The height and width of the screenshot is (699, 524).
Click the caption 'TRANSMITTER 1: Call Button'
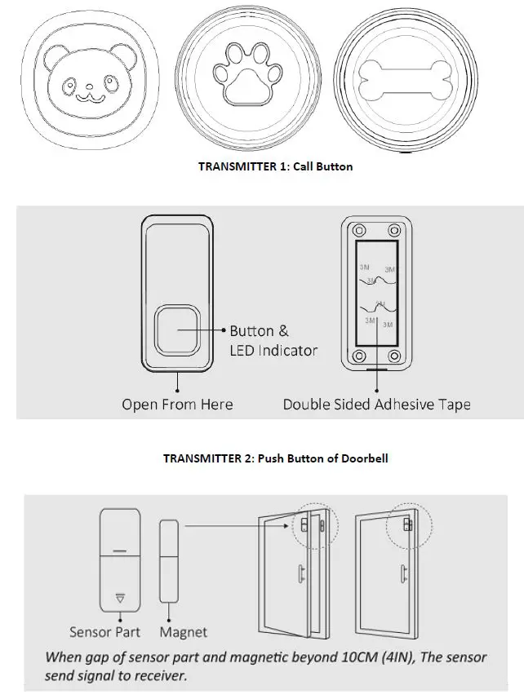tap(275, 166)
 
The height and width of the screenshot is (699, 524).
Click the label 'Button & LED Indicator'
tap(273, 341)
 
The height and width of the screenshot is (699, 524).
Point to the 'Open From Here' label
tap(177, 404)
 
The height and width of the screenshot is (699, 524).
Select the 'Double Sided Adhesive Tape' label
tap(376, 404)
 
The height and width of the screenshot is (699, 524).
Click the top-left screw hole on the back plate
tap(357, 228)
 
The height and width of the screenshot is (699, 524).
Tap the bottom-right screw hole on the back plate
tap(394, 356)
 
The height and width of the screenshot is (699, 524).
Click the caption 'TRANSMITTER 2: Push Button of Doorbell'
tap(275, 458)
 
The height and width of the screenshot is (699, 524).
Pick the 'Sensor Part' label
tap(104, 631)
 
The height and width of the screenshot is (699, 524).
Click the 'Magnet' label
tap(183, 631)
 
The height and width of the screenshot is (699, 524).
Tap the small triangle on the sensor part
tap(120, 598)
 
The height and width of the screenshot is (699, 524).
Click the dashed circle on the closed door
tap(406, 523)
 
